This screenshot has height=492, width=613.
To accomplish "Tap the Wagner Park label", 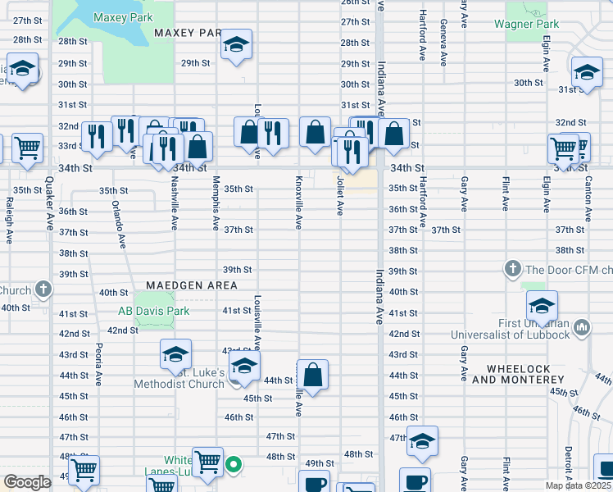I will tap(526, 24).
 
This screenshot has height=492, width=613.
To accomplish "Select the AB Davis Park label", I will tap(153, 311).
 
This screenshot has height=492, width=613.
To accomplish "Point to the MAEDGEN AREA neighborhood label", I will tap(192, 285).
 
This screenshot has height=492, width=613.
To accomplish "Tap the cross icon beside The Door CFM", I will tap(512, 269).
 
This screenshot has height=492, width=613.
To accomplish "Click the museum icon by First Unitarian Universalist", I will tap(581, 327).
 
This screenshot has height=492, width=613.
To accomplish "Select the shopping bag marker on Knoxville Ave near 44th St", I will tap(312, 376).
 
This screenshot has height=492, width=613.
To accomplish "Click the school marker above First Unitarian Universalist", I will tap(541, 307).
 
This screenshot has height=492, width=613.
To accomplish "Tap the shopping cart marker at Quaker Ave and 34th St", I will tap(27, 149).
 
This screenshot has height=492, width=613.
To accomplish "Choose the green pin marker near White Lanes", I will tap(234, 466).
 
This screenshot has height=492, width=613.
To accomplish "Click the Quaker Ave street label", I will tap(49, 212).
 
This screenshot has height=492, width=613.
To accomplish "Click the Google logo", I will tap(27, 482).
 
